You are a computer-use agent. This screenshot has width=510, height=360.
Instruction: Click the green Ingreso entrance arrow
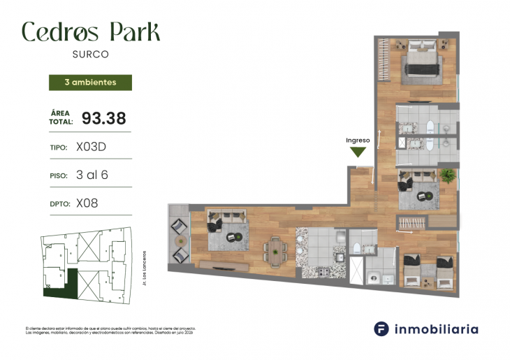[x=358, y=152]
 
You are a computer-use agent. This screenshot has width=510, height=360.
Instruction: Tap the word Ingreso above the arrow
[x=358, y=140]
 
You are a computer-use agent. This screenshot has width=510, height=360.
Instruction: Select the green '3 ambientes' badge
[x=89, y=82]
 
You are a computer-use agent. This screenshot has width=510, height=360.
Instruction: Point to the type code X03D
[x=90, y=147]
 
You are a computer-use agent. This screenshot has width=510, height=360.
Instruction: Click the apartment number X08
[x=87, y=203]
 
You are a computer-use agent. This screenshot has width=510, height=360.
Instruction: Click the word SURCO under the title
[x=90, y=52]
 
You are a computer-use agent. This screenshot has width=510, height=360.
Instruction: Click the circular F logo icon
[x=381, y=328]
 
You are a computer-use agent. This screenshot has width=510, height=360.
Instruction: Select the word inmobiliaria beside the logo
[x=437, y=328]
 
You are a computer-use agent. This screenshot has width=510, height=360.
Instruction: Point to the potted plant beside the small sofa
[x=447, y=175]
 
